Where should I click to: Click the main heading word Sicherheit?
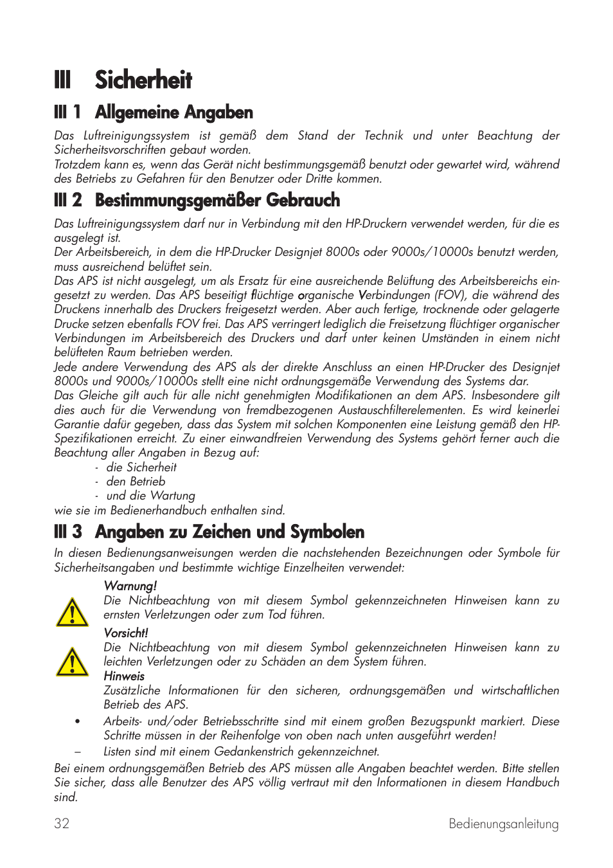point(143,80)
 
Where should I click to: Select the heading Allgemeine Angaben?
point(173,113)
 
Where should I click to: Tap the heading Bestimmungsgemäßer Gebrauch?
point(217,201)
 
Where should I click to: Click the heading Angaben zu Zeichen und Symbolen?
point(229,532)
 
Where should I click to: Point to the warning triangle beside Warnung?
point(72,612)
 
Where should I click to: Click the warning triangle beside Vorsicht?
point(72,662)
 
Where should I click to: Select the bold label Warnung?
point(130,586)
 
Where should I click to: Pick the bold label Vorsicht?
point(126,633)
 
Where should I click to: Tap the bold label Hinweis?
point(124,676)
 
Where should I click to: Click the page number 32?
point(62,824)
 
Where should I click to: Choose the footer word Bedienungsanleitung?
point(503,824)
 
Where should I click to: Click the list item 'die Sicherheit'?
point(141,467)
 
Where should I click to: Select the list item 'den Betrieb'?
point(136,482)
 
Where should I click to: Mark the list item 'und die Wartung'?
point(150,496)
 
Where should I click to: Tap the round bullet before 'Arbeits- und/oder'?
point(77,721)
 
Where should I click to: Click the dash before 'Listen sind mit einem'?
point(77,752)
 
